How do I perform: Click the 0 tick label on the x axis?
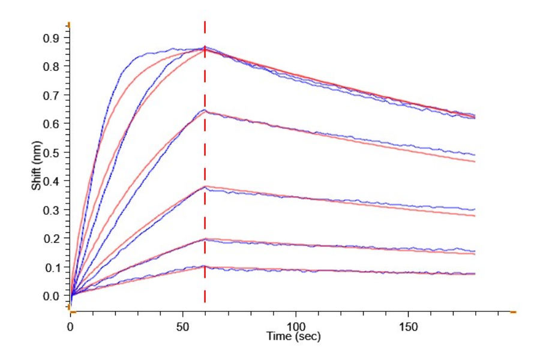point(71,327)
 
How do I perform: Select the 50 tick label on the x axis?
point(183,327)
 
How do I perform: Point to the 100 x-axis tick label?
point(295,327)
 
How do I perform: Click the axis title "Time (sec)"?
point(293,337)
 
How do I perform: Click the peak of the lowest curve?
point(205,266)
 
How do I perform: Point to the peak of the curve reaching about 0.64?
point(205,111)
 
